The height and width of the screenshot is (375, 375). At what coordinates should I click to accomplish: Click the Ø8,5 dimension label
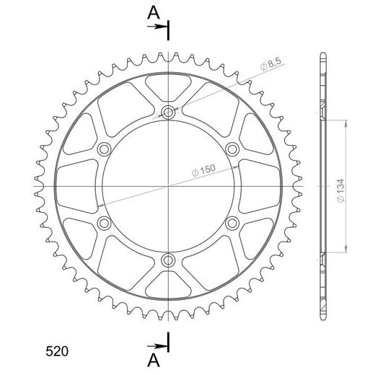(270, 64)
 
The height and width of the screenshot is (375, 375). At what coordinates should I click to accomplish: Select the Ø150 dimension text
(203, 170)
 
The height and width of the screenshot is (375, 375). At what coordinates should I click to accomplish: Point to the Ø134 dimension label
(340, 190)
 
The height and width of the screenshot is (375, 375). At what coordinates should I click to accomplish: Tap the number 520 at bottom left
(57, 351)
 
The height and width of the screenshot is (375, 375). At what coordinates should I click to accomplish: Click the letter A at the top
(154, 13)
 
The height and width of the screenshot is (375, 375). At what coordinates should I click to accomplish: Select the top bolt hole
(168, 112)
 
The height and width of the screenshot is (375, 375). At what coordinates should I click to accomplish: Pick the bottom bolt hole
(168, 260)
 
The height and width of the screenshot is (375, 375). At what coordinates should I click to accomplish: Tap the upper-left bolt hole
(104, 149)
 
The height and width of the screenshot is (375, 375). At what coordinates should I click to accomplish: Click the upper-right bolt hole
(232, 149)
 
